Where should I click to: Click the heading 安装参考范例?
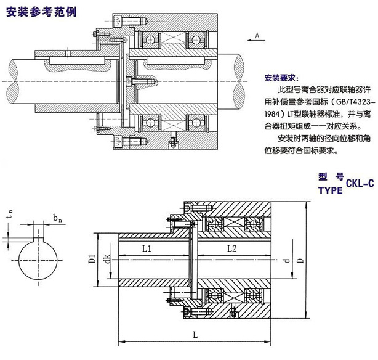(x=41, y=12)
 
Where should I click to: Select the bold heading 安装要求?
(x=281, y=79)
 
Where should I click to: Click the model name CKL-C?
(x=360, y=183)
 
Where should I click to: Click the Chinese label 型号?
(x=331, y=176)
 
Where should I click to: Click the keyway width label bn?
(x=56, y=219)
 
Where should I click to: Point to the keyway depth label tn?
(x=8, y=216)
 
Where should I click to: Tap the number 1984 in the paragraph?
(x=275, y=115)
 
